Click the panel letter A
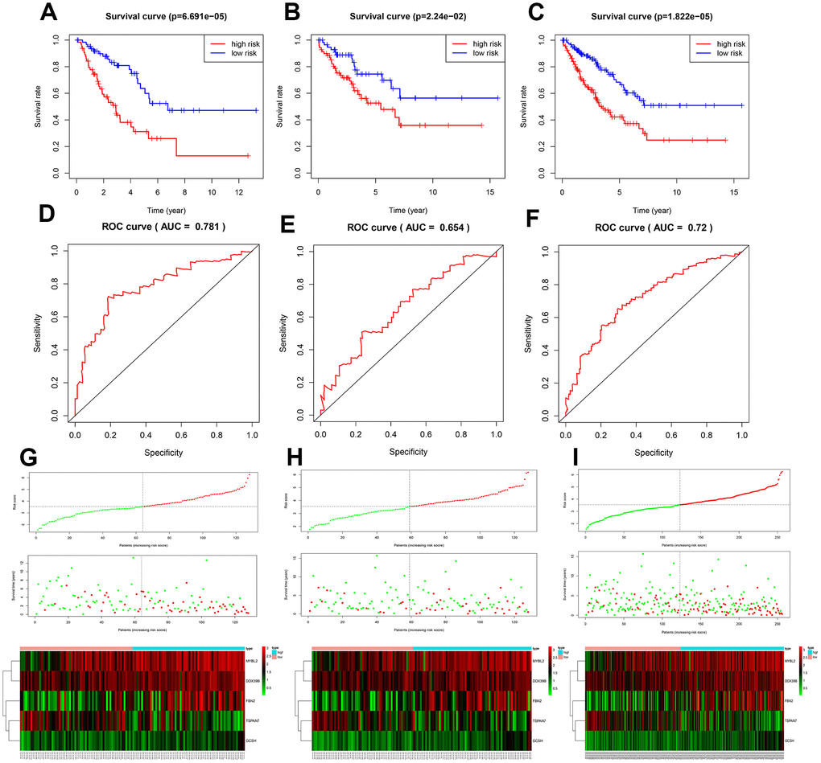pos(47,14)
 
